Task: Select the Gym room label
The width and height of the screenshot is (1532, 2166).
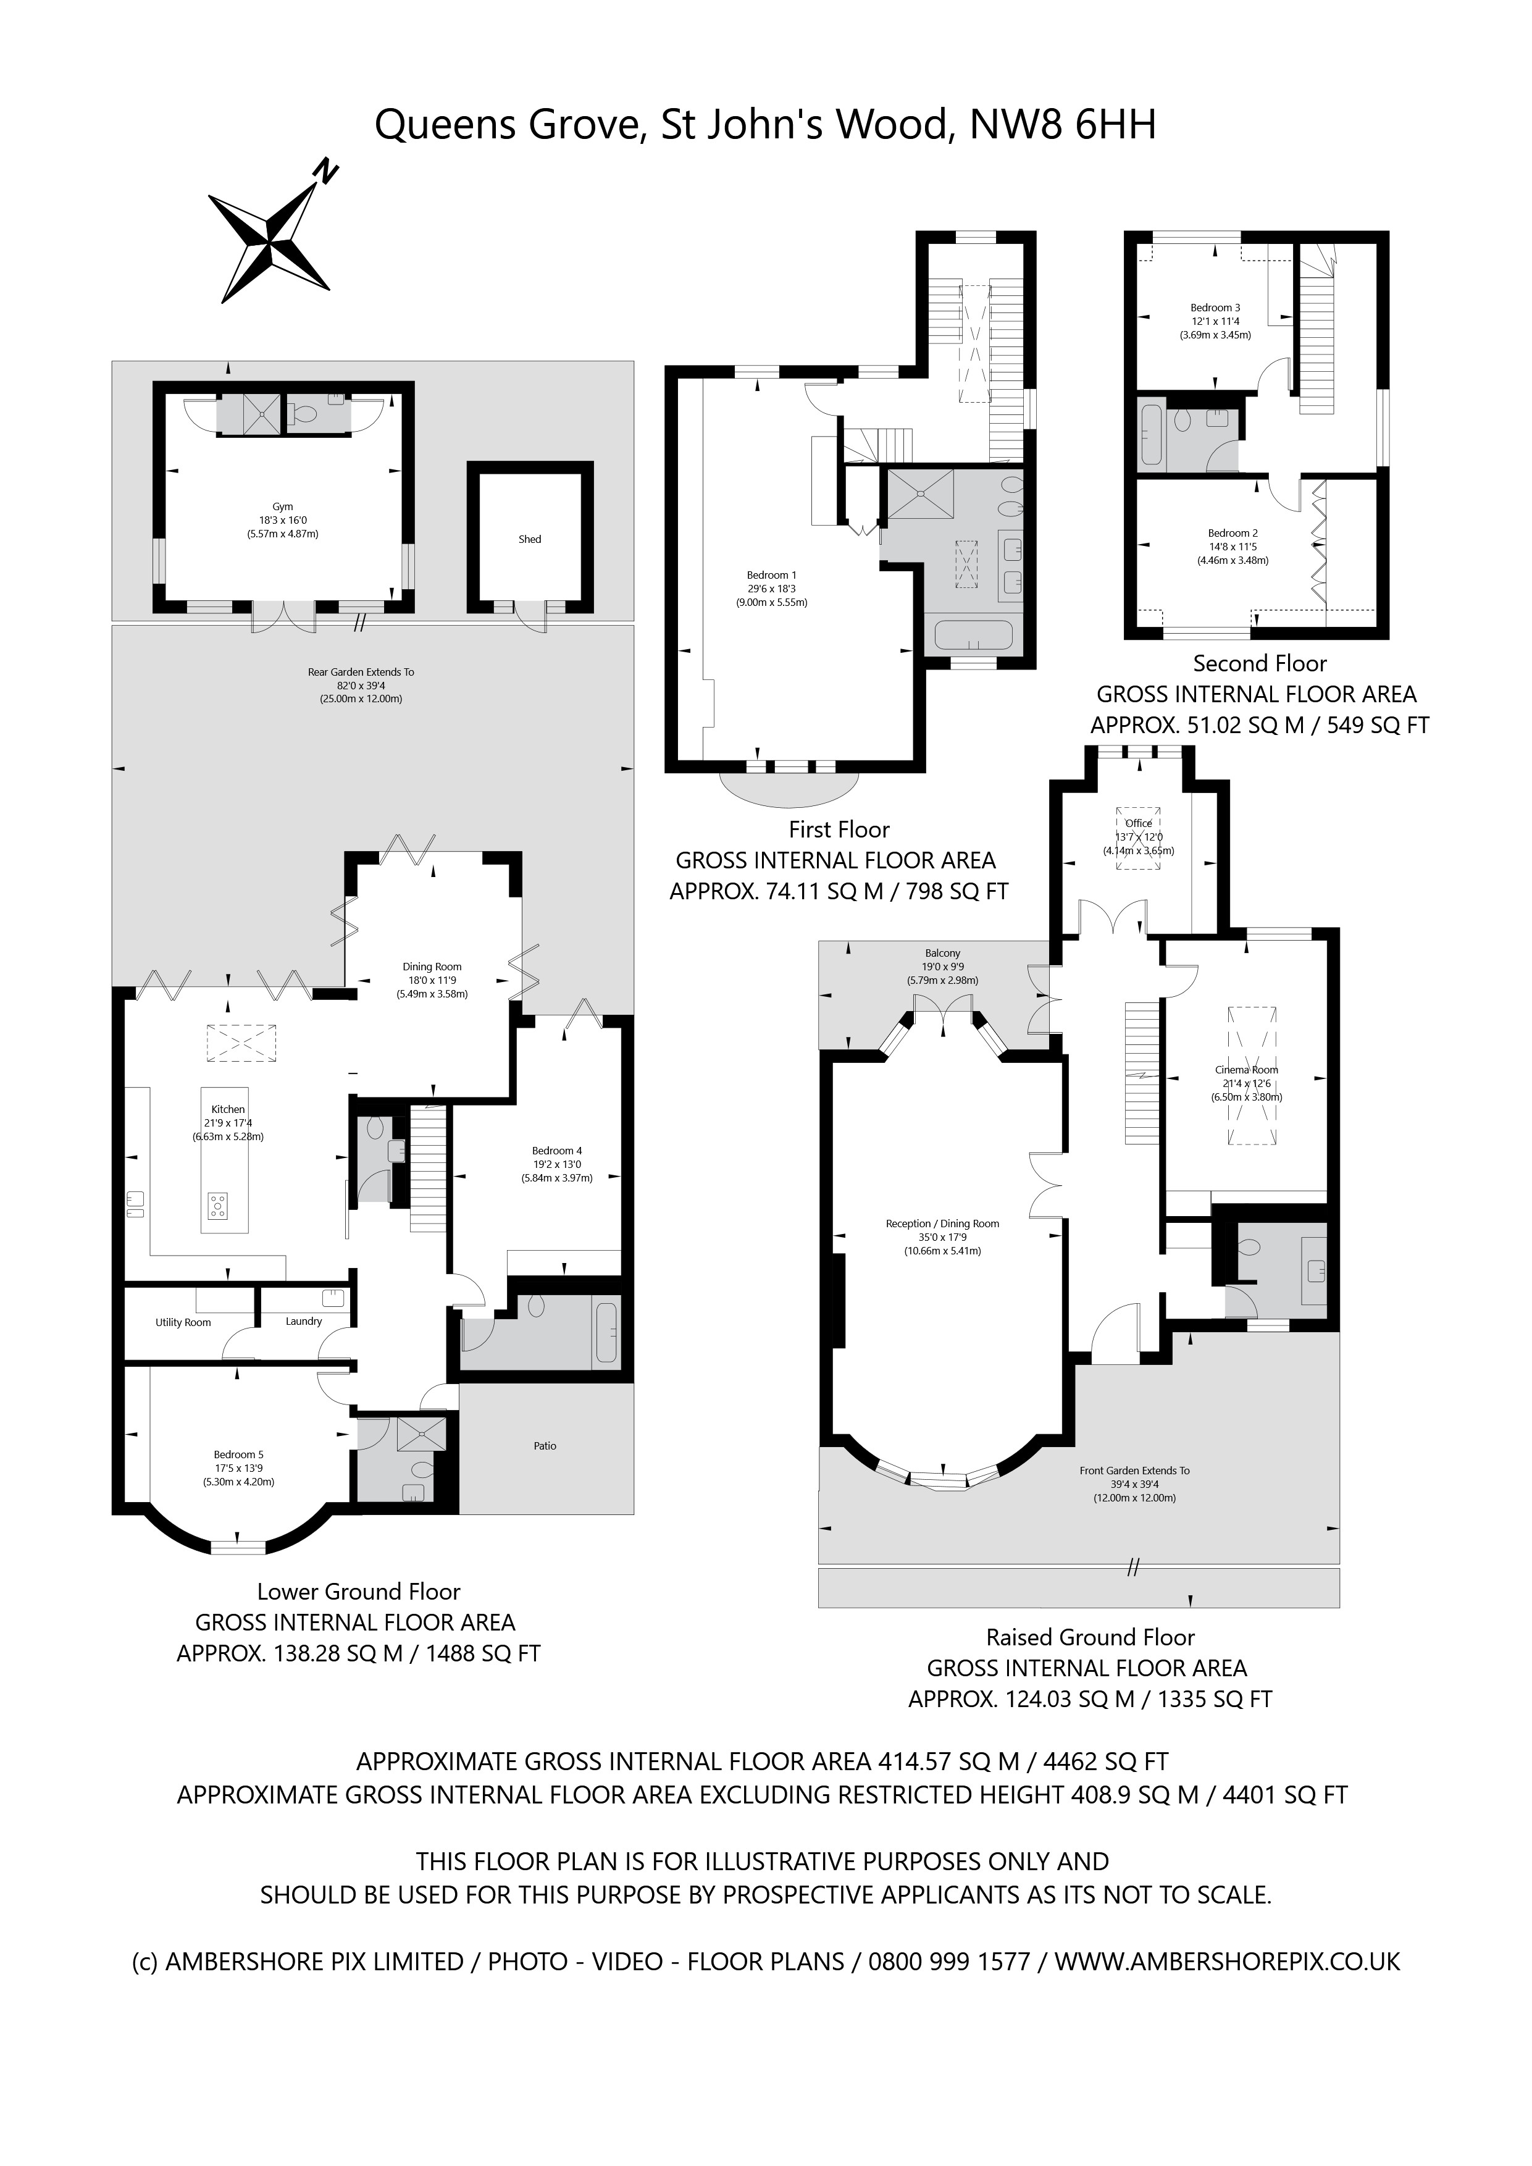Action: point(282,506)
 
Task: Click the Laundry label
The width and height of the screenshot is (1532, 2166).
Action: point(304,1322)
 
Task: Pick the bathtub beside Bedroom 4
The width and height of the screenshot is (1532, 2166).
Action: point(606,1331)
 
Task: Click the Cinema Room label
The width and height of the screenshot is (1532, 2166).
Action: point(1246,1070)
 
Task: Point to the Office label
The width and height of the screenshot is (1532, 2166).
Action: point(1139,823)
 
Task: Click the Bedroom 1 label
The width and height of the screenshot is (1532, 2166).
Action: point(772,576)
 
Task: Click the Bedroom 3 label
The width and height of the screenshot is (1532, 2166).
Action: point(1215,308)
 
